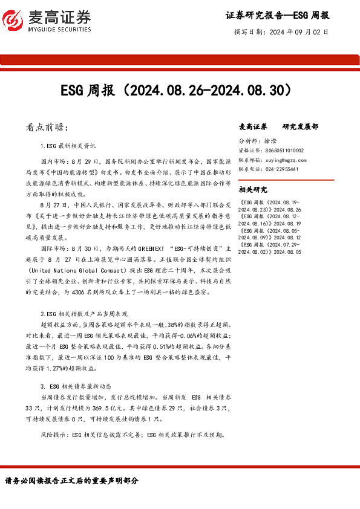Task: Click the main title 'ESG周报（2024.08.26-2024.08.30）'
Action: [179, 90]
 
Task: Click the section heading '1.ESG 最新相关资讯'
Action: [68, 146]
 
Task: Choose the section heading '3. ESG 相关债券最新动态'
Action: [80, 386]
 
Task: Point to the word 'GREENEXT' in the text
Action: [151, 248]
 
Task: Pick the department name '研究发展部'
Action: [300, 127]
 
